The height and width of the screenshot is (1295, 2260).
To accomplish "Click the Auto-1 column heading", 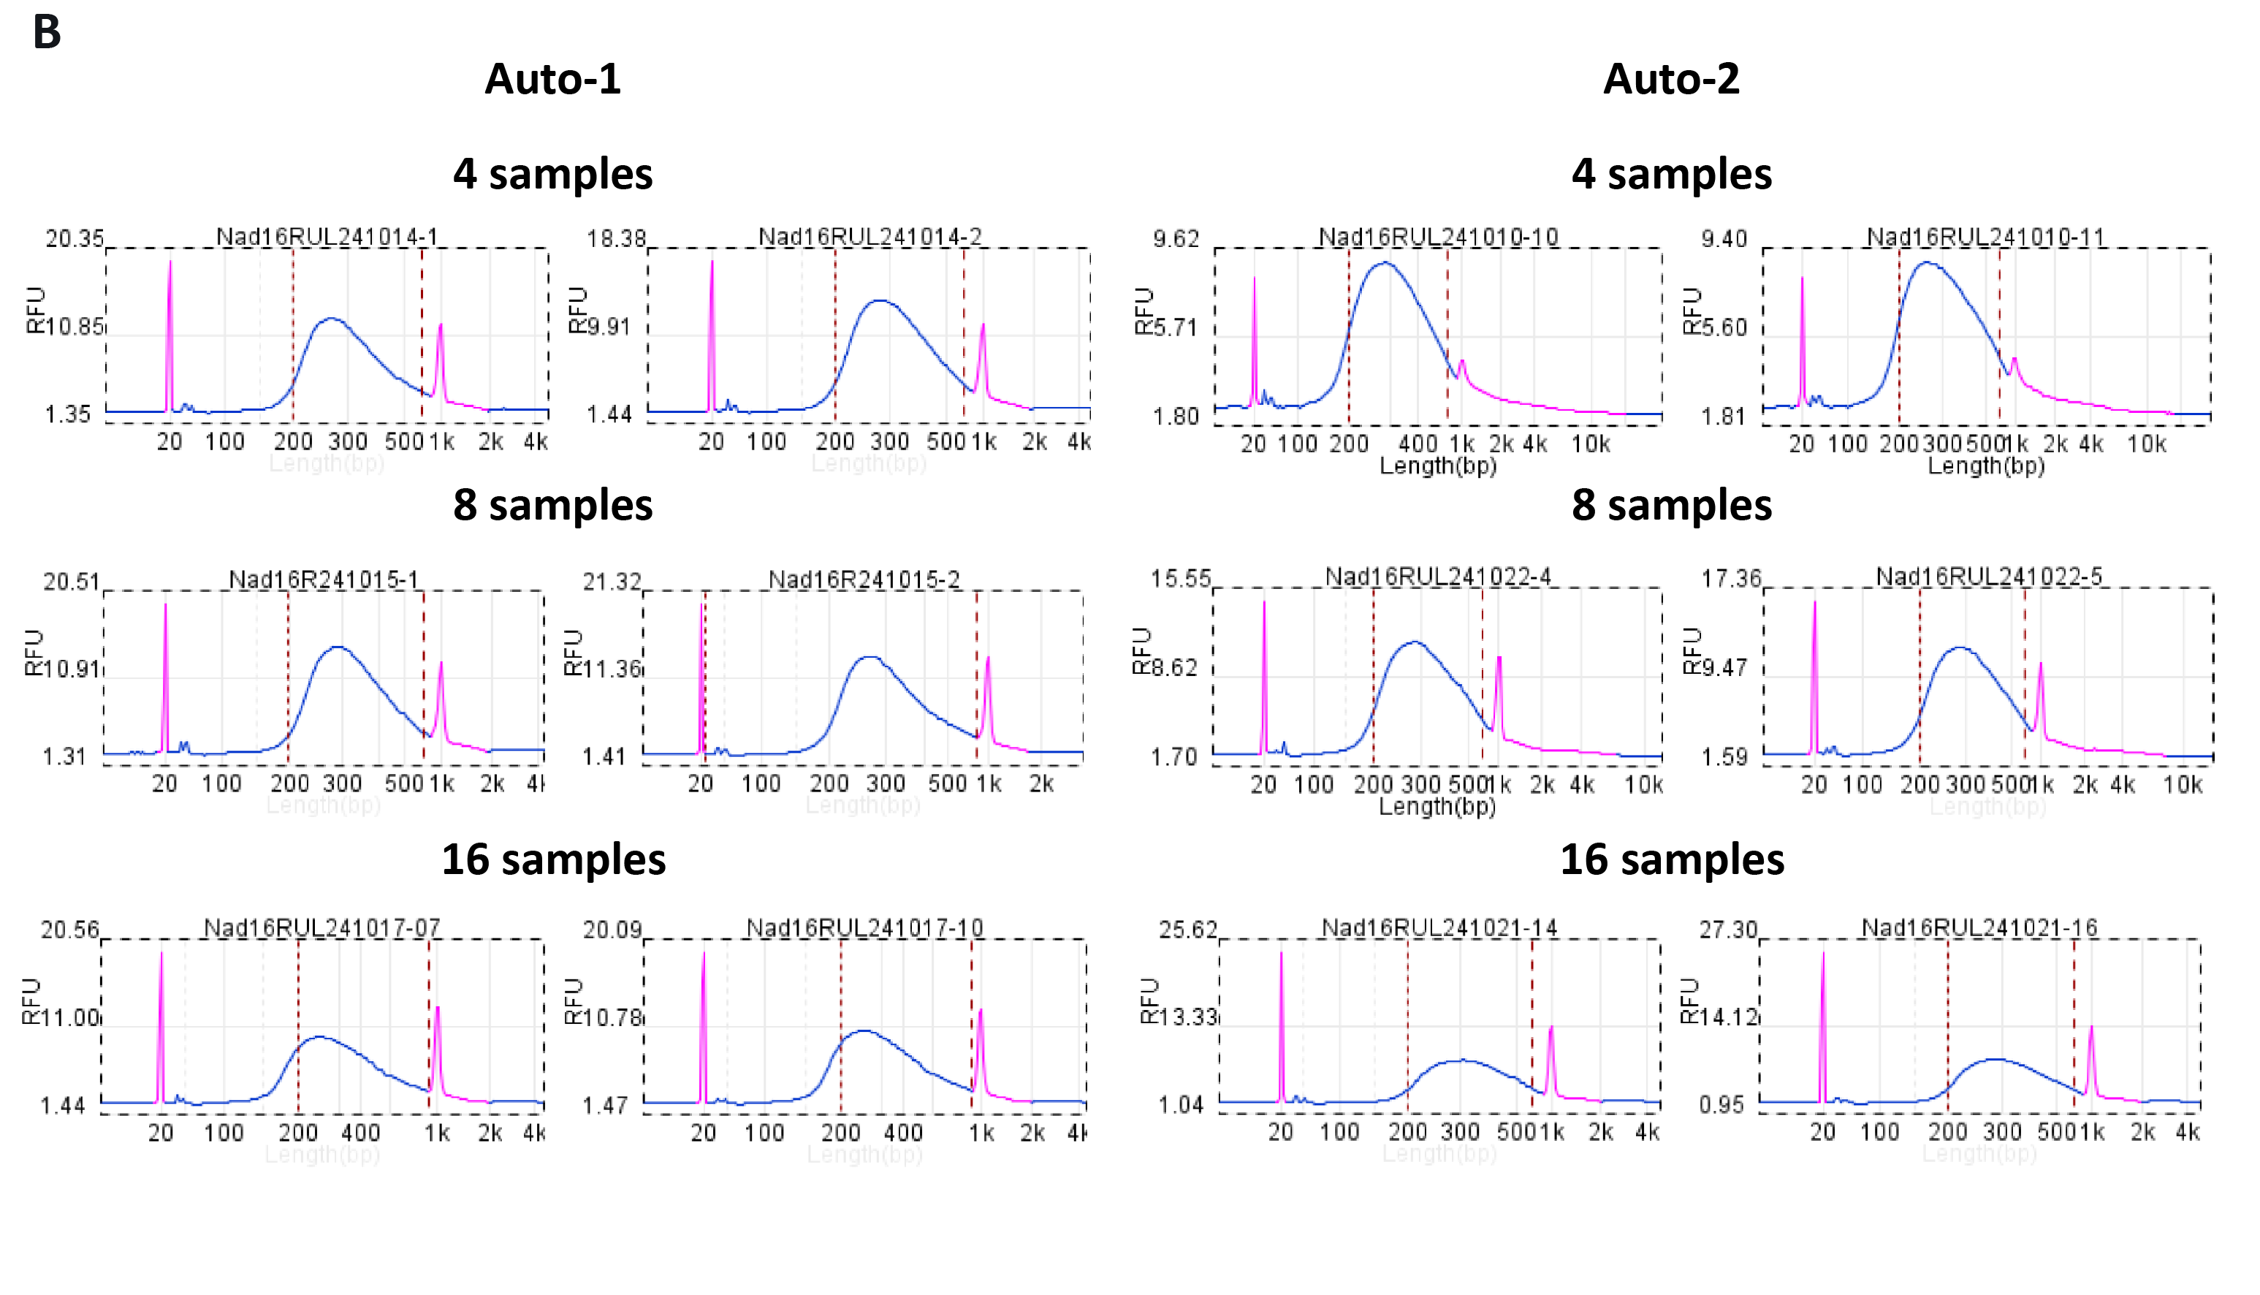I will click(552, 79).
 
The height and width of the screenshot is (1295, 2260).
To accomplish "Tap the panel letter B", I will click(46, 32).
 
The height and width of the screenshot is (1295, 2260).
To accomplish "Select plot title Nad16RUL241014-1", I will click(327, 237).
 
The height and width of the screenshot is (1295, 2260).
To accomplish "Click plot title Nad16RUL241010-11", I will click(1985, 238).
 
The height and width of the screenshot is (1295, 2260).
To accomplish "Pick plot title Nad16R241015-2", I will click(864, 580).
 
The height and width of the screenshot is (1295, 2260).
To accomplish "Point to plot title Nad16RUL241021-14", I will click(1439, 927).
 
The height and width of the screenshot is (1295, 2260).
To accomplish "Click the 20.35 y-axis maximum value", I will click(75, 238).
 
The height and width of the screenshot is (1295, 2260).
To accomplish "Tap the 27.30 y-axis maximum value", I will click(1728, 930).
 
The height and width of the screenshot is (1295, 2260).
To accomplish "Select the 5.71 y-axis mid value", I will click(1176, 328).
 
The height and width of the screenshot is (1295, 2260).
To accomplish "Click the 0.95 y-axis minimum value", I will click(1721, 1105).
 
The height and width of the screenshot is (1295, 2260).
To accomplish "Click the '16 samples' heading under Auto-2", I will click(1672, 859).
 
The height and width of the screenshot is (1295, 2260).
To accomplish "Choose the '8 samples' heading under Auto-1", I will click(552, 505).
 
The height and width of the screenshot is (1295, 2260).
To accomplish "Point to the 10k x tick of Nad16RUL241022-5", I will click(2183, 784).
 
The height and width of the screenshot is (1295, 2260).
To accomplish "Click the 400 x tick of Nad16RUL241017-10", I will click(903, 1133).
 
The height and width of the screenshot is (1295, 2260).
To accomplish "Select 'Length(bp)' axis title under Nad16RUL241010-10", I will click(1437, 466).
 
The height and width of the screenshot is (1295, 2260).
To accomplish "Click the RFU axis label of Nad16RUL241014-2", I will click(578, 310).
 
